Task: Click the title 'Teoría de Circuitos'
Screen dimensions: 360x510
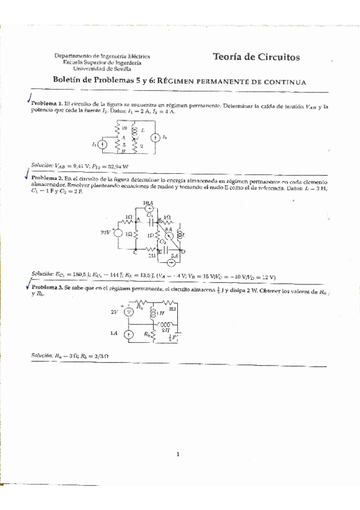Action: point(256,57)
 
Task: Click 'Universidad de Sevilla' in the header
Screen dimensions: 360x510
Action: point(102,69)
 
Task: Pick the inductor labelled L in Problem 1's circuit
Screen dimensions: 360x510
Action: point(135,131)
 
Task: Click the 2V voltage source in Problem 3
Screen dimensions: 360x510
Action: point(129,312)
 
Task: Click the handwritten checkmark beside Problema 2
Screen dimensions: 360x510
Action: point(26,176)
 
